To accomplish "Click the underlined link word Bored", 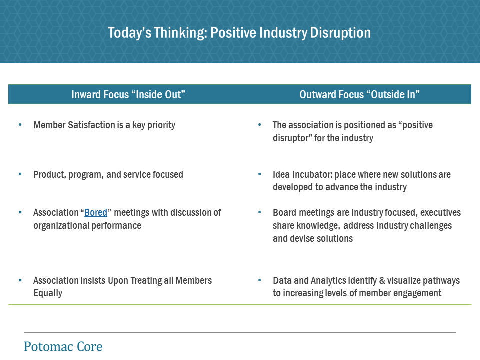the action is (96, 212).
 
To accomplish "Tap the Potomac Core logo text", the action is (63, 346).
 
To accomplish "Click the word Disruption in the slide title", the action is (340, 33).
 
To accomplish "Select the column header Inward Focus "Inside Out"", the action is (128, 94).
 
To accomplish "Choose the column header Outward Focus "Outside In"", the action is (359, 94).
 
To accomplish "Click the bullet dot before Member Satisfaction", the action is (20, 125).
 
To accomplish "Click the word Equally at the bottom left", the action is (48, 293).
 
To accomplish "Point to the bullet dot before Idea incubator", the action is (260, 174).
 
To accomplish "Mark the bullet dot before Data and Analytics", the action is (260, 280).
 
